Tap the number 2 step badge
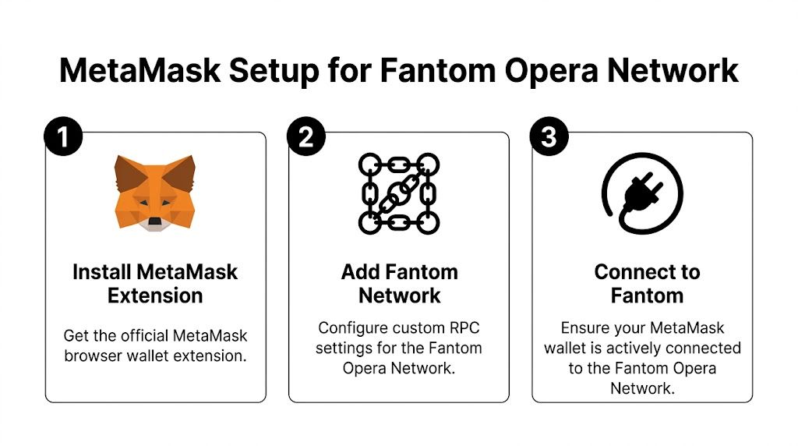point(306,137)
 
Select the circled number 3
point(549,137)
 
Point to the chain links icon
point(399,193)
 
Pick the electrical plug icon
point(642,193)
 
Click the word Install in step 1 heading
point(101,272)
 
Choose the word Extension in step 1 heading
point(155,296)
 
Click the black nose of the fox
point(154,221)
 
